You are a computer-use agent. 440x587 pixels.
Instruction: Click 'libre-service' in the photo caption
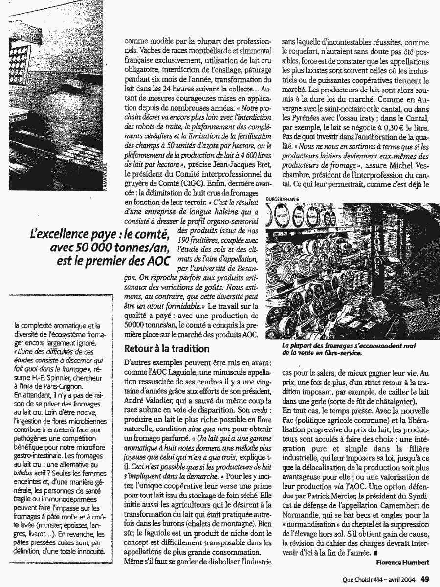coord(339,353)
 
